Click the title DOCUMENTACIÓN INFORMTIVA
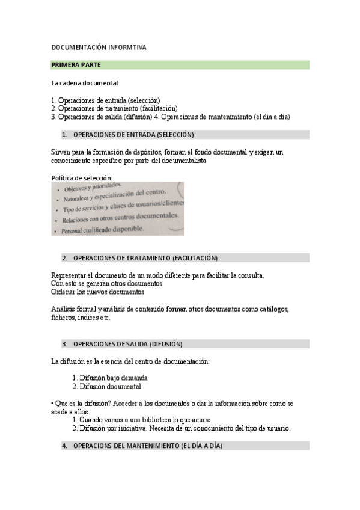(x=99, y=47)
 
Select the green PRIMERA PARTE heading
(x=76, y=65)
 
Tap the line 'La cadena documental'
(x=85, y=82)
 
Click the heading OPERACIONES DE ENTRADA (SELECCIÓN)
(x=133, y=135)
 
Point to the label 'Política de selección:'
(x=82, y=178)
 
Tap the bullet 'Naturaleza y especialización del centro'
(x=114, y=196)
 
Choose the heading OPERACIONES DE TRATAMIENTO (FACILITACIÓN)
(x=145, y=258)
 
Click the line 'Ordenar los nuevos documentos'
(x=98, y=292)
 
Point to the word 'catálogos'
(x=273, y=309)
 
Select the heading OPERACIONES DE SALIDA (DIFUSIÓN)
(x=127, y=344)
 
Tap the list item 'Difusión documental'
(x=110, y=386)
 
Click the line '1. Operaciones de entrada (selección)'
(x=106, y=100)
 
